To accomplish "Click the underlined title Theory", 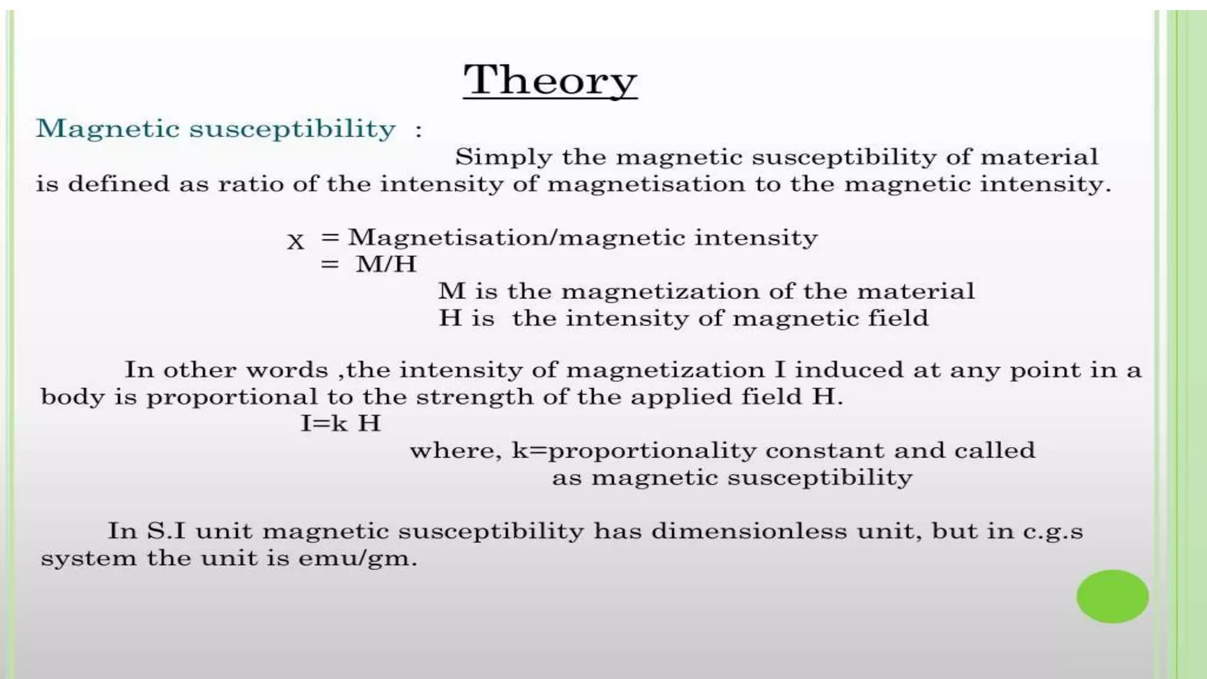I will point(550,80).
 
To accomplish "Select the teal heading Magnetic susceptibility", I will point(216,129).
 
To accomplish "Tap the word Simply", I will point(503,157).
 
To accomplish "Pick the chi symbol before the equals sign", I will point(296,242).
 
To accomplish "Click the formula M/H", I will point(386,264).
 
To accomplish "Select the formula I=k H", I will point(341,423).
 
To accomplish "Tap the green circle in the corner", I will point(1112,596).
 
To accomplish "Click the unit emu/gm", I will point(357,558).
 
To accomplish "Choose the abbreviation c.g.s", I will point(1053,531).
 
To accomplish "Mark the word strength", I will point(474,397).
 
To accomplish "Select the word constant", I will point(825,450).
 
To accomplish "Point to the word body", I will point(72,397).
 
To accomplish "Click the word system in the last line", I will point(88,558).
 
